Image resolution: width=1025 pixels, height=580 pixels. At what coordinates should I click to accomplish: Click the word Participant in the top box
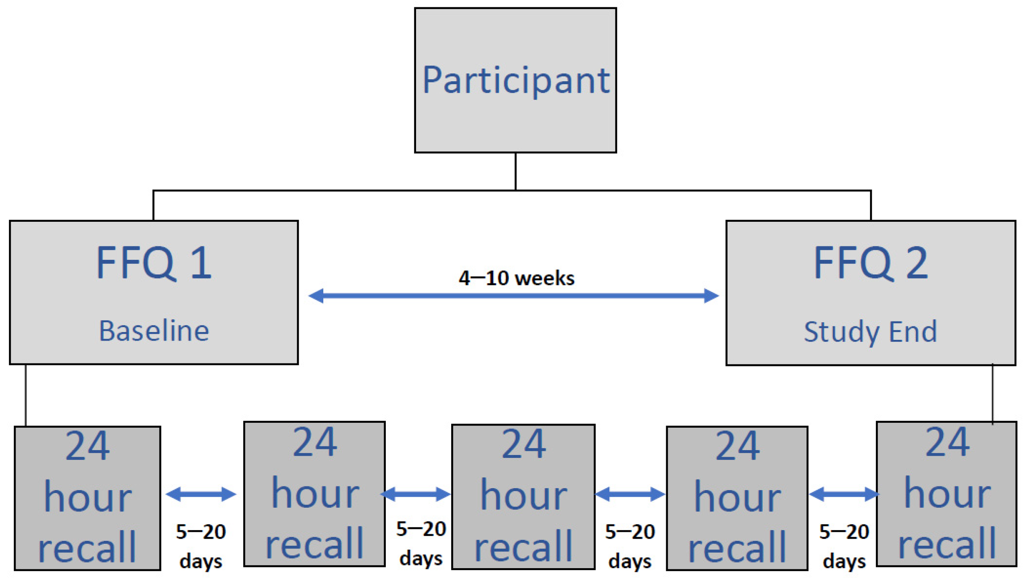click(516, 80)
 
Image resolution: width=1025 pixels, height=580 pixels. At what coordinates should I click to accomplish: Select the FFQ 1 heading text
click(154, 263)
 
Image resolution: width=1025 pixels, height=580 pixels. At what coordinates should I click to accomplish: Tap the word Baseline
click(154, 331)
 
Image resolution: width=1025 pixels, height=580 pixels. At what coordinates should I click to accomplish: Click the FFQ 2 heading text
click(871, 263)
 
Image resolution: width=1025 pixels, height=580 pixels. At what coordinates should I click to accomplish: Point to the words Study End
click(871, 332)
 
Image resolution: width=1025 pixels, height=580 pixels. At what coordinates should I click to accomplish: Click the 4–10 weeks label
click(516, 278)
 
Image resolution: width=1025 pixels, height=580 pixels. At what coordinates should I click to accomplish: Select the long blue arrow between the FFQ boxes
click(513, 296)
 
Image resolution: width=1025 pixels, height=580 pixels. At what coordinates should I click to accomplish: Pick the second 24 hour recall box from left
click(314, 494)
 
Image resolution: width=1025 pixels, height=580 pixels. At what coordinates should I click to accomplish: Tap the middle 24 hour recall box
click(523, 496)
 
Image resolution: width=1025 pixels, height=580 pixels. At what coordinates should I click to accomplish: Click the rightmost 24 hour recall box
click(947, 494)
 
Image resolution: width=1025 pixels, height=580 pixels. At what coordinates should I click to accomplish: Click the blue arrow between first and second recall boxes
click(201, 494)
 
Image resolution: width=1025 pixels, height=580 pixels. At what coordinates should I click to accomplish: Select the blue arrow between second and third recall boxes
click(416, 494)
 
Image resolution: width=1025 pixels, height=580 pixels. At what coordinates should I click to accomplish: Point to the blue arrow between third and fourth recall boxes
click(630, 494)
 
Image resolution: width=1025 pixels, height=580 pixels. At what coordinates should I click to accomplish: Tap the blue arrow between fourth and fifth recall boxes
click(844, 494)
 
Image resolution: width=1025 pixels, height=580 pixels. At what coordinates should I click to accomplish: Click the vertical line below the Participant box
click(516, 172)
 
